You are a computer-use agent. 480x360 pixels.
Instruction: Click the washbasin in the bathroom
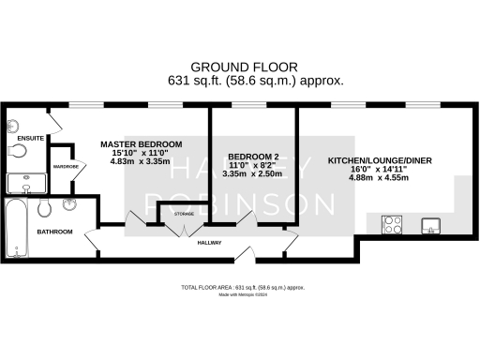coord(70,204)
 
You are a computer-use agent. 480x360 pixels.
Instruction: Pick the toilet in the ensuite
coord(17,150)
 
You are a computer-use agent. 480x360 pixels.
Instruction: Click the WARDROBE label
coord(65,167)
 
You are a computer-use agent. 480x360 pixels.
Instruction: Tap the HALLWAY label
coord(209,243)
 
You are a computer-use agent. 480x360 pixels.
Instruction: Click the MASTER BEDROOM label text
coord(141,143)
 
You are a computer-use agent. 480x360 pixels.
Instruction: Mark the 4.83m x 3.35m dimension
coord(141,160)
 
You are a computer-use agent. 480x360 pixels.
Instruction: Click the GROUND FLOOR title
coord(245,67)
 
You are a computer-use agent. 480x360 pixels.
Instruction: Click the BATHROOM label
coord(54,231)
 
